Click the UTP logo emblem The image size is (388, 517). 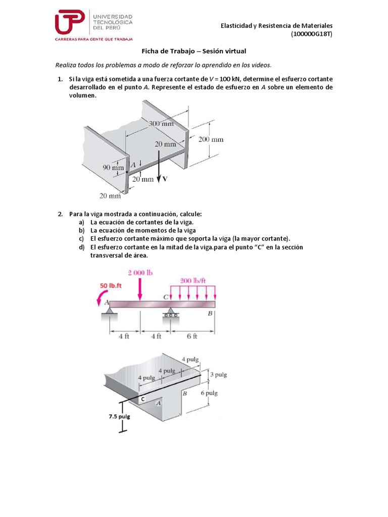point(70,22)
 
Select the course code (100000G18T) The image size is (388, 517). point(312,34)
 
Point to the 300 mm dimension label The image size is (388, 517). point(161,123)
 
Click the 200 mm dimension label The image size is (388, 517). point(211,139)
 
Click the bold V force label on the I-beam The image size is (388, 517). point(165,179)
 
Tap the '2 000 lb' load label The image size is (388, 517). point(140,273)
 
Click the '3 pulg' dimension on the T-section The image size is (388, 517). point(218,375)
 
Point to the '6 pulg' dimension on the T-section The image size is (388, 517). point(209,393)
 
